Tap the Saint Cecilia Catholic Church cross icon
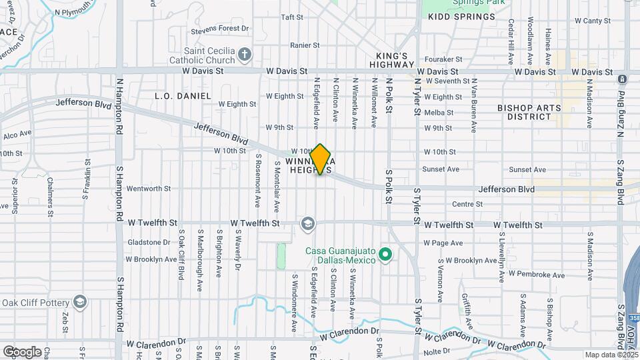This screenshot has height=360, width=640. pyautogui.click(x=245, y=54)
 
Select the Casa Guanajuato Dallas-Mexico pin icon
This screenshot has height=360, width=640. pyautogui.click(x=385, y=254)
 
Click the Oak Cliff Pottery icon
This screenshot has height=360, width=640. pyautogui.click(x=81, y=303)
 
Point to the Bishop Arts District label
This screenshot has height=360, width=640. pyautogui.click(x=529, y=112)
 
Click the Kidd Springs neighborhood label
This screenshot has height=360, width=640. pyautogui.click(x=461, y=16)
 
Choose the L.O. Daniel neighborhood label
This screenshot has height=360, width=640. pyautogui.click(x=183, y=96)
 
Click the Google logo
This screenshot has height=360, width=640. pyautogui.click(x=22, y=351)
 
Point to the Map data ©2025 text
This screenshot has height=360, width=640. pyautogui.click(x=611, y=355)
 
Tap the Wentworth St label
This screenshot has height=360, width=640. pyautogui.click(x=144, y=189)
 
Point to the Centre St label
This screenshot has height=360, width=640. pyautogui.click(x=467, y=204)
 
